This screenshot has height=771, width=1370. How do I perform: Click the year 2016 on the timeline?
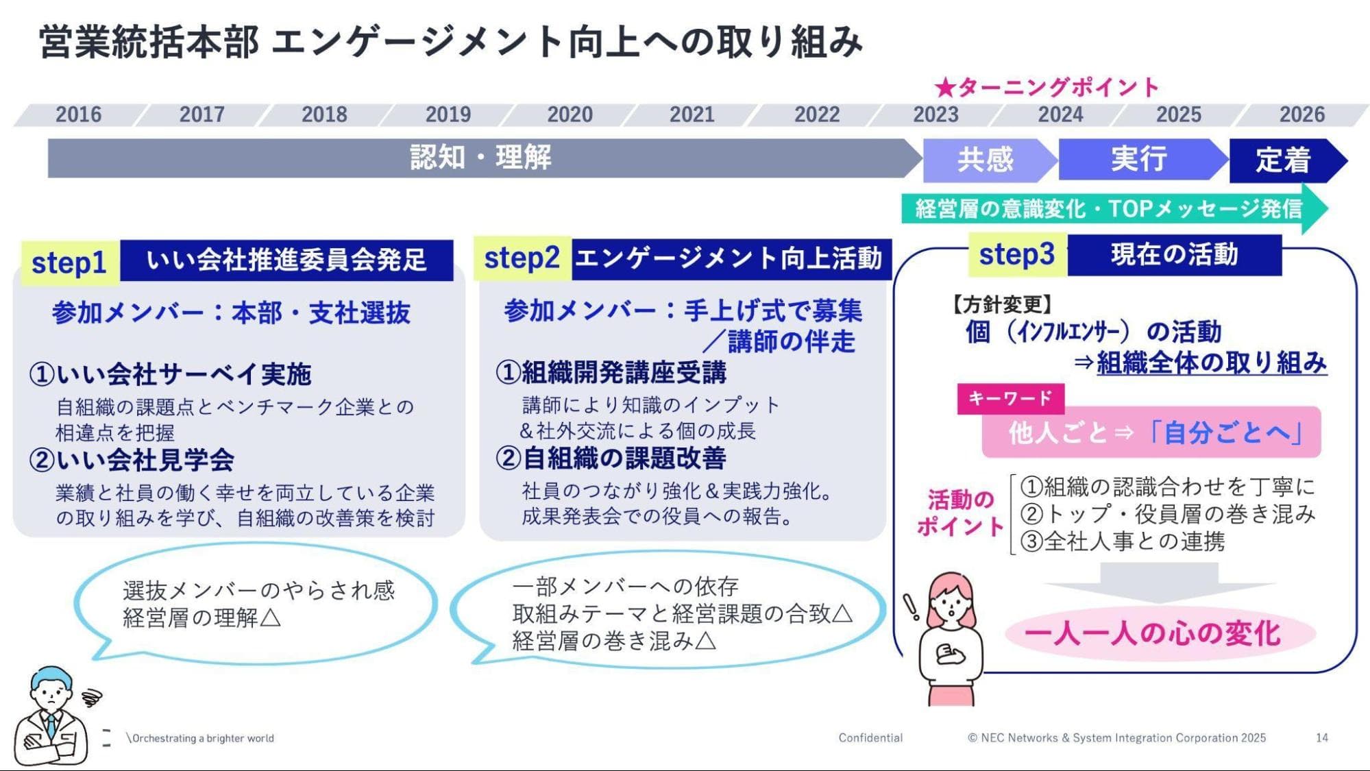click(x=78, y=114)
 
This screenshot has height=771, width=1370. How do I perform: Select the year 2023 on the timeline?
click(x=935, y=114)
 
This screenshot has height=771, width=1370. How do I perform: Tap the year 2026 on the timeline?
click(x=1302, y=114)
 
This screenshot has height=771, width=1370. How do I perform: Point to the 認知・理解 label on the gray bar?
click(x=480, y=158)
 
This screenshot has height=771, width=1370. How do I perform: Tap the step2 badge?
click(x=522, y=258)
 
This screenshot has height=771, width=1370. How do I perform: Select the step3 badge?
click(x=1018, y=254)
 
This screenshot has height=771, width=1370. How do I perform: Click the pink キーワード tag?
click(x=1010, y=398)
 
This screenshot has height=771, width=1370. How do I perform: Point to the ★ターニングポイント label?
click(x=1047, y=88)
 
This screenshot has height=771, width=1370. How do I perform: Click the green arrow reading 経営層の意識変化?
click(x=1114, y=208)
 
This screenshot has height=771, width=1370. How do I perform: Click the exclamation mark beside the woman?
click(x=911, y=607)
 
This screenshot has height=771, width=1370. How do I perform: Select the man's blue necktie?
click(x=51, y=725)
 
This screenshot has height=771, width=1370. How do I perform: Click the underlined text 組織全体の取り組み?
click(x=1211, y=363)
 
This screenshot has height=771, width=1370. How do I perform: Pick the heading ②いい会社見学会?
click(x=132, y=460)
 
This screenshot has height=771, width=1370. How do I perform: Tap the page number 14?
click(x=1322, y=737)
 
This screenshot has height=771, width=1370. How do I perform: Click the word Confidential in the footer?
click(x=870, y=737)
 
